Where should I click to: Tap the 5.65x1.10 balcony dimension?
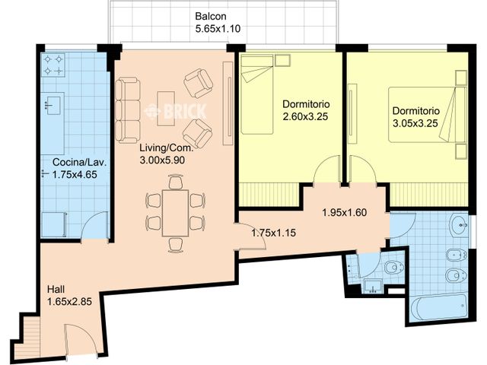tap(218, 29)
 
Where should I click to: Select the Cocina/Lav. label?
tap(79, 162)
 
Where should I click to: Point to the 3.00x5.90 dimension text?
tap(162, 160)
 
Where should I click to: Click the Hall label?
tap(56, 289)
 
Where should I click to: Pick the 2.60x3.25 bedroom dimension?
tap(305, 116)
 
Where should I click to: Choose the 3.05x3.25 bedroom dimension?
tap(415, 123)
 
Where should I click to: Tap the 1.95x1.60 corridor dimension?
tap(345, 213)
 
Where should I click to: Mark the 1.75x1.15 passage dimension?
tap(274, 233)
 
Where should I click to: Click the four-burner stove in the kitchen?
tap(53, 65)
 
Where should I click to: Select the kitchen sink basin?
tap(53, 105)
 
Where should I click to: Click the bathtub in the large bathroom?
tap(439, 306)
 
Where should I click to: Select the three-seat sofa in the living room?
tap(128, 110)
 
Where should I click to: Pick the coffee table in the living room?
tap(166, 108)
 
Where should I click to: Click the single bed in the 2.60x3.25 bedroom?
tap(257, 94)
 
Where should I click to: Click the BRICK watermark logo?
tap(176, 111)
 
